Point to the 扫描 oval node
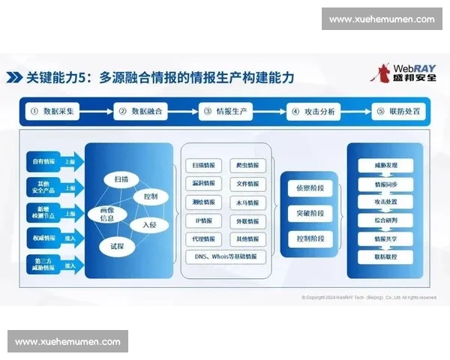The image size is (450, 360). point(121,180)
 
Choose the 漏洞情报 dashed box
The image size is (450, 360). point(203,183)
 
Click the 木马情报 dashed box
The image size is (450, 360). point(247,202)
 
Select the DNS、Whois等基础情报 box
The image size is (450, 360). point(225,256)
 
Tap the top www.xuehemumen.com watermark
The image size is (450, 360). point(381,19)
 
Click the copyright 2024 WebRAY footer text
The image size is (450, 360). point(369,297)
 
